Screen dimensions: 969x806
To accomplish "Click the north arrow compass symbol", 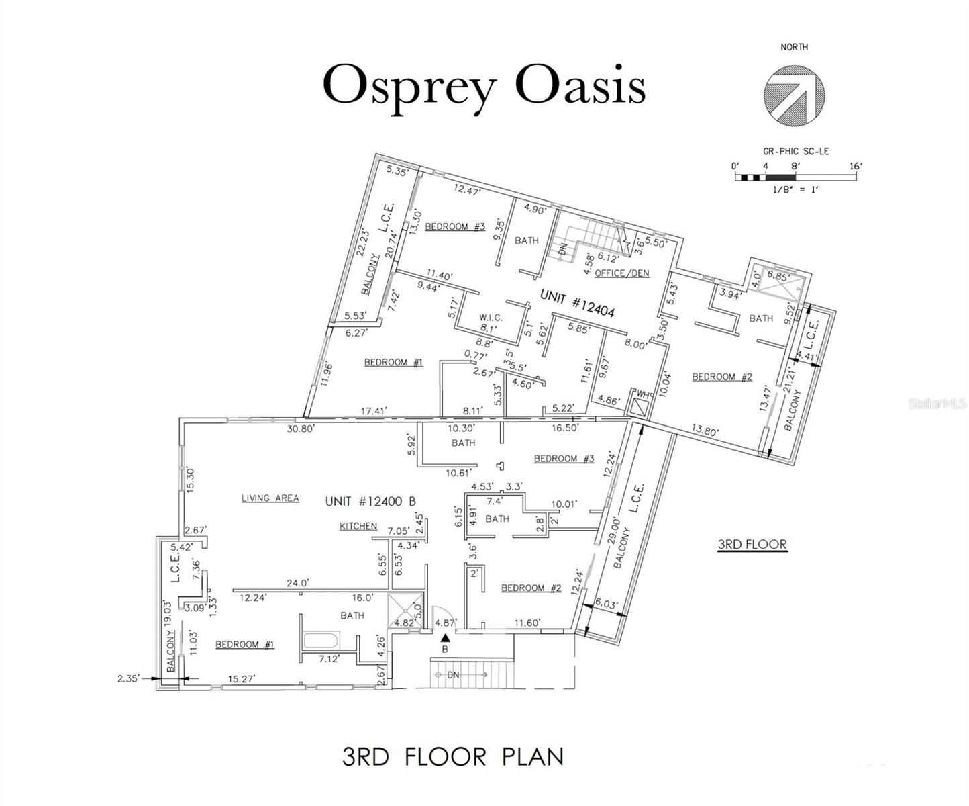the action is point(794,95).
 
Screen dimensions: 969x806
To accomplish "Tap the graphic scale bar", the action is point(796,177).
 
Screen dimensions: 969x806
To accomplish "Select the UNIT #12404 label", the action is point(578,302).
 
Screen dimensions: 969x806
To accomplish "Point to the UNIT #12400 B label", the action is point(370,501).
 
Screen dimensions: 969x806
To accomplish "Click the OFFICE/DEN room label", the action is point(622,273).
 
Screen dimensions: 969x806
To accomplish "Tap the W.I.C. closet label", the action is point(491,318).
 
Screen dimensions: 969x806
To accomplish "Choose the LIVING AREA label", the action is point(270,498).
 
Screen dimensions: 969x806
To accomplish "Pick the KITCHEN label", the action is point(358,526).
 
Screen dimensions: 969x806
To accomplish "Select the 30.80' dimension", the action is point(301,429).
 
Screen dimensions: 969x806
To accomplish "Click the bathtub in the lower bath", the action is point(321,639).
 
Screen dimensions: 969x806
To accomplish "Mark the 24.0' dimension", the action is point(297,582).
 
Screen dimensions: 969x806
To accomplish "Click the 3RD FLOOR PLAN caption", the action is point(453,756).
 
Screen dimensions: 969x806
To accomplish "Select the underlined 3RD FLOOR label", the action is point(752,544).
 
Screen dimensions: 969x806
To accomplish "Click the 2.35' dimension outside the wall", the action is point(128,678).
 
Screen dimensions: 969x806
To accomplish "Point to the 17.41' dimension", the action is point(374,410).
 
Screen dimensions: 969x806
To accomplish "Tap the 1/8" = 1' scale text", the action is point(795,189).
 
